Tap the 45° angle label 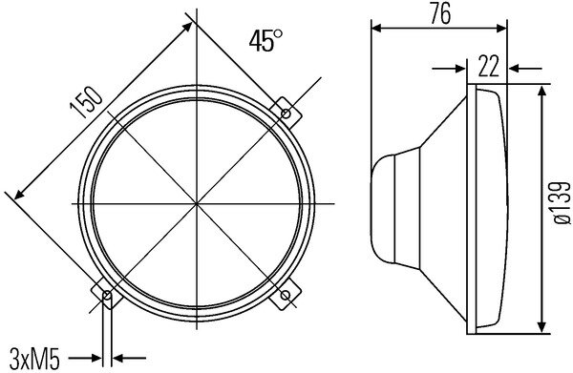[266, 41]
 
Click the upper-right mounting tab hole [286, 114]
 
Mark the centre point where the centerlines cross [197, 203]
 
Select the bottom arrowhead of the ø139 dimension [543, 323]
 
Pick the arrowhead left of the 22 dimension [462, 69]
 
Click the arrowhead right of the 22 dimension [514, 69]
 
